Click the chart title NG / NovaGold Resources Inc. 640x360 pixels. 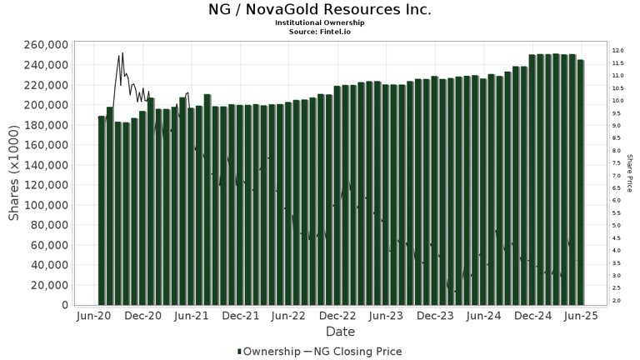320,10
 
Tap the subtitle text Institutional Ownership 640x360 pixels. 320,22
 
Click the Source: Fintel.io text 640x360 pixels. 320,31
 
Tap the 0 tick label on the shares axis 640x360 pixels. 63,305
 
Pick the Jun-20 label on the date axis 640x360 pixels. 94,316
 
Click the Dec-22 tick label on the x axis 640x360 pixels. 337,316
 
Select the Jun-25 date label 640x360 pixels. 581,316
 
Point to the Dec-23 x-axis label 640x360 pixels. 435,316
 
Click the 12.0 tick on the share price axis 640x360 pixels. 617,51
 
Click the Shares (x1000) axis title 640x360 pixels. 14,174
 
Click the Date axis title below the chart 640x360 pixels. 339,332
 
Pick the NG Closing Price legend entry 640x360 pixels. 359,352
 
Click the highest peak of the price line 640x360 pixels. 122,53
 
